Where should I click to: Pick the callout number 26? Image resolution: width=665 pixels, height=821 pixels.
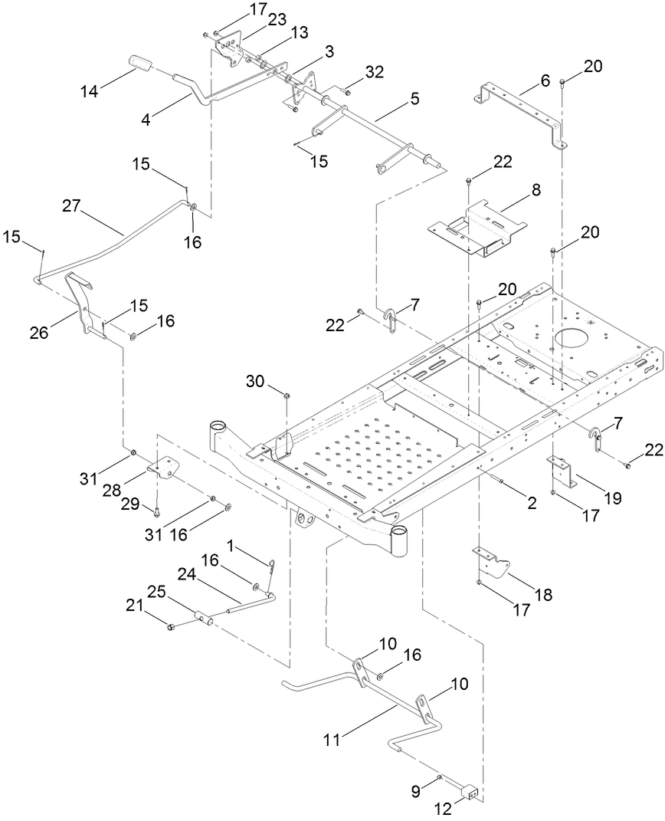click(39, 332)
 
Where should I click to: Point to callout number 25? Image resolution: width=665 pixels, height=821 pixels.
click(156, 591)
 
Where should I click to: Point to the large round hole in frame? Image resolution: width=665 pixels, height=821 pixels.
click(572, 339)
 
